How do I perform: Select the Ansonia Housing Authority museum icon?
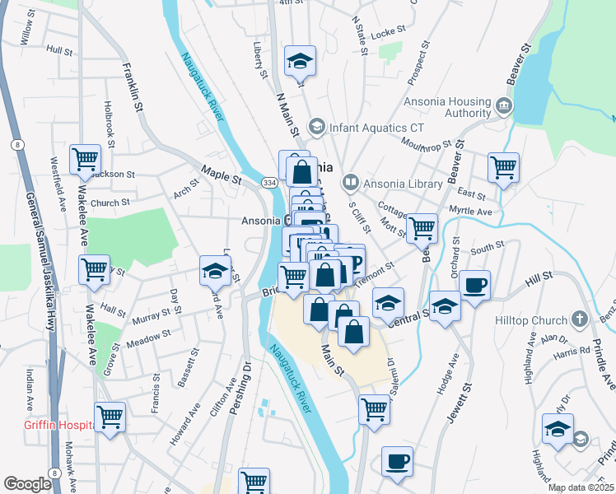[504, 106]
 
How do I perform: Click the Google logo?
[27, 484]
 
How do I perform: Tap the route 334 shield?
[268, 182]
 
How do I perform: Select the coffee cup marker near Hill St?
[475, 286]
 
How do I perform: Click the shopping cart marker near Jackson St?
[85, 160]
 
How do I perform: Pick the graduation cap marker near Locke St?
[300, 60]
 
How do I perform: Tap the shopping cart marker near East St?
[503, 168]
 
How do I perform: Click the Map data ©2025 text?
[580, 487]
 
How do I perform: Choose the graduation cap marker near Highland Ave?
[558, 429]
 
